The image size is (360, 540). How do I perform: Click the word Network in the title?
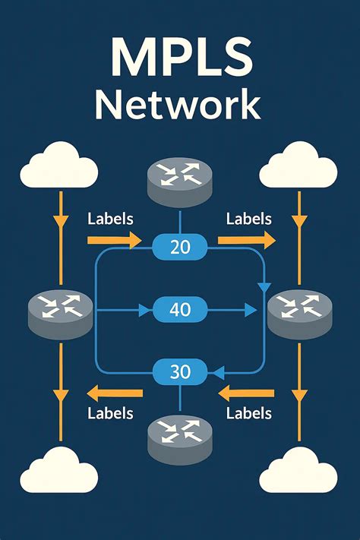tap(180, 105)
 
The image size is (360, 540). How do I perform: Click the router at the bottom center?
tap(180, 439)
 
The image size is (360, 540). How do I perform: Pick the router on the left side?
tap(60, 311)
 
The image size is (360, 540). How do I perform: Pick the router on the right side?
tap(300, 311)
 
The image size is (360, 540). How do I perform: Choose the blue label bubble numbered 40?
tap(181, 309)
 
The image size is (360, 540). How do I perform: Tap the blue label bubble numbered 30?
tap(181, 372)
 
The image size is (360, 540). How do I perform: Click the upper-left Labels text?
tap(111, 219)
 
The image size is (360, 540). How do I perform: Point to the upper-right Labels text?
tap(249, 219)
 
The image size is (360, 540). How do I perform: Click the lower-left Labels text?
tap(111, 414)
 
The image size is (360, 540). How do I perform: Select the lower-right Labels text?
tap(249, 414)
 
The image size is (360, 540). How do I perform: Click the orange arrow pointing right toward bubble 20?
tap(114, 241)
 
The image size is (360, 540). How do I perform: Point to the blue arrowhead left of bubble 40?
tap(142, 310)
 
